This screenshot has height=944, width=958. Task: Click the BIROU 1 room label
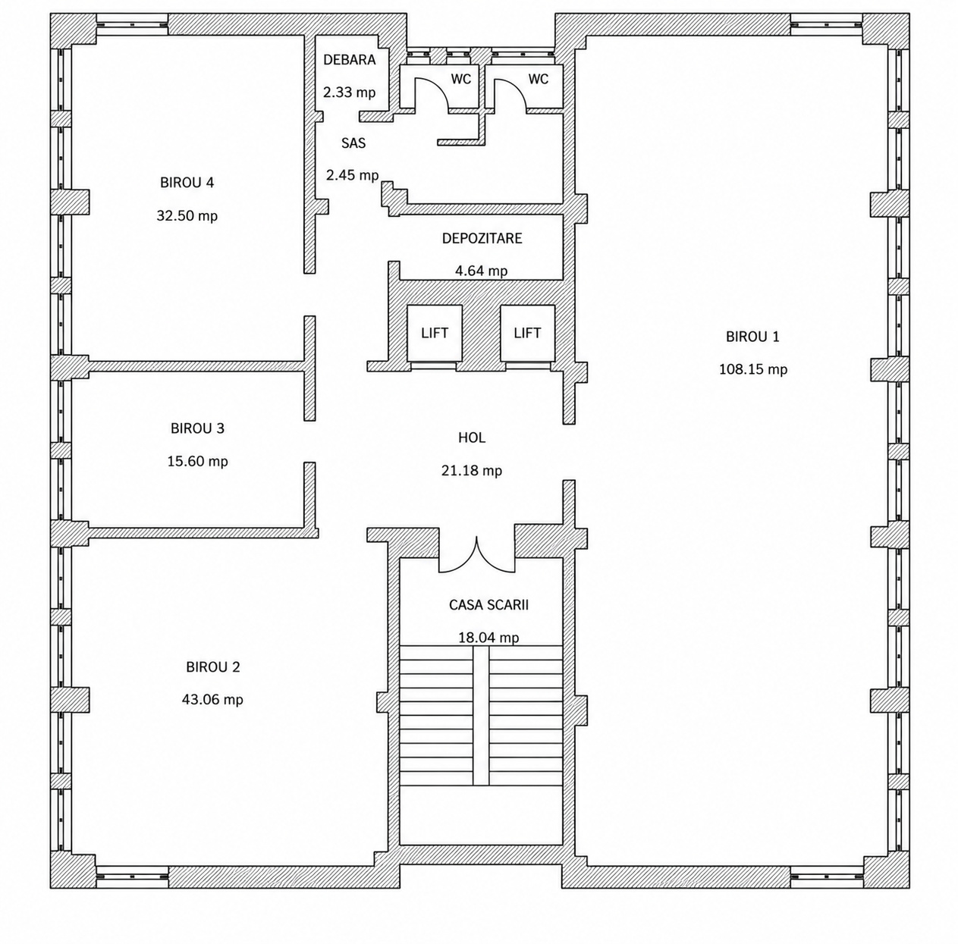tap(752, 337)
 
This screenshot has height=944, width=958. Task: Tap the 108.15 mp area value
tap(753, 369)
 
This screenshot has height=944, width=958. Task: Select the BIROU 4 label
tap(187, 183)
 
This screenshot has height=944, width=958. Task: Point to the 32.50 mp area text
tap(187, 216)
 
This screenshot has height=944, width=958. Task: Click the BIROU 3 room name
tap(197, 428)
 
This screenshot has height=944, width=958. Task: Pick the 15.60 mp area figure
tap(197, 461)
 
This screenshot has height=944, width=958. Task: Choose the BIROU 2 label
tap(213, 666)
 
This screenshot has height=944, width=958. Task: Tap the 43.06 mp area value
tap(212, 700)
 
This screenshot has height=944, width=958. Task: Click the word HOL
tap(472, 438)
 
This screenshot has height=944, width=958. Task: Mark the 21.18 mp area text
tap(472, 470)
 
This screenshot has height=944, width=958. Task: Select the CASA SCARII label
tap(488, 604)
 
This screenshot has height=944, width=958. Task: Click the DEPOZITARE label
tap(482, 238)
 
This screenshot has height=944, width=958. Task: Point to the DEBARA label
tap(350, 60)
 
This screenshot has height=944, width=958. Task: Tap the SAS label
tap(353, 143)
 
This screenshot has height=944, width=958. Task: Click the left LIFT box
tap(435, 333)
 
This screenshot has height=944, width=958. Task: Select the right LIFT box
tap(527, 333)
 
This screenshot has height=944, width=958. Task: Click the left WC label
tap(461, 79)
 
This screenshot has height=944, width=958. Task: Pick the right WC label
tap(539, 79)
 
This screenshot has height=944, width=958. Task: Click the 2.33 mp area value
tap(350, 93)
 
